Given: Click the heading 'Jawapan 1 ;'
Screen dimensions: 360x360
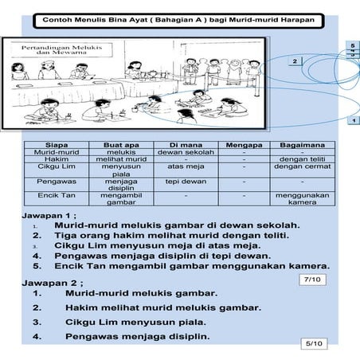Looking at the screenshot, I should [48, 215].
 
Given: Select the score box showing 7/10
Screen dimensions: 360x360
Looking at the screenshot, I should [313, 280].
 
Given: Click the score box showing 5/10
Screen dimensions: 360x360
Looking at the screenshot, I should [315, 343].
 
